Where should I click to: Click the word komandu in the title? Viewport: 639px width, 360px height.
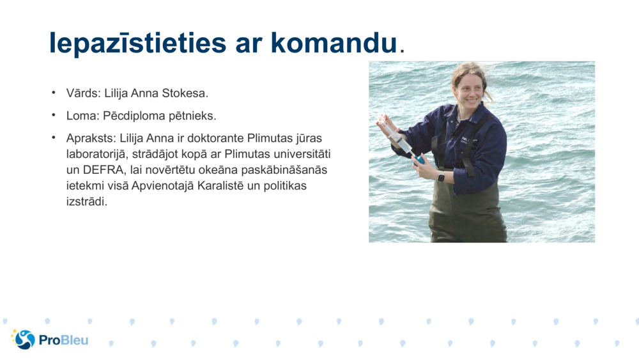[333, 42]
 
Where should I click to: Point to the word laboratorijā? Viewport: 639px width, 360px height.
[96, 154]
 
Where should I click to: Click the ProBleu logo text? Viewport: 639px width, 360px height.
[63, 340]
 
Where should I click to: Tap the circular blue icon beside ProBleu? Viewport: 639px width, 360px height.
[24, 340]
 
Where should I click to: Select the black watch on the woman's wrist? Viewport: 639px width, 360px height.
[441, 177]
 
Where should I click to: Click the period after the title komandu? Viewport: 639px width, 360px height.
[401, 50]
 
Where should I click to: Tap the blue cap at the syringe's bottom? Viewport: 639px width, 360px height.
[419, 159]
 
